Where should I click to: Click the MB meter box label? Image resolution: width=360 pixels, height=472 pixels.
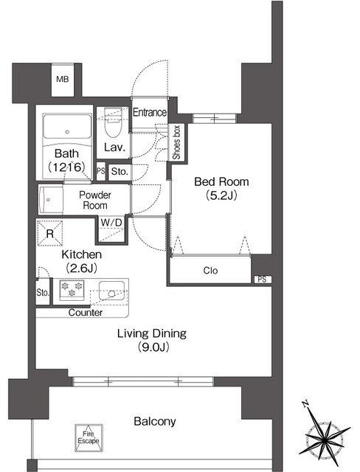63,79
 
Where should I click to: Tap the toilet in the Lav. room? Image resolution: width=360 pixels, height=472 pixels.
113,123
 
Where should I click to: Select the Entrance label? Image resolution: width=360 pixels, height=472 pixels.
150,112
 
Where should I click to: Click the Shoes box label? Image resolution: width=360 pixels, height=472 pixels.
177,142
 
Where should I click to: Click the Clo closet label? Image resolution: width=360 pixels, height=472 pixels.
210,271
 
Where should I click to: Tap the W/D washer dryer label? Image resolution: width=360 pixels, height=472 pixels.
111,223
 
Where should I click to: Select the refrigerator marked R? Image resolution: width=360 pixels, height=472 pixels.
50,233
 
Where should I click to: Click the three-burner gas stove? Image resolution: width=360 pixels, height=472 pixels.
72,290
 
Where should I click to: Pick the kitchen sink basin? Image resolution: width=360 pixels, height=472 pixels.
111,291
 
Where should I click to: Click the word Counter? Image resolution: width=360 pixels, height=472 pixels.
86,313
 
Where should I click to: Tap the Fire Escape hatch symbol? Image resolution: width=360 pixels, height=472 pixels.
89,438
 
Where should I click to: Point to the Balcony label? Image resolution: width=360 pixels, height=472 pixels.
155,421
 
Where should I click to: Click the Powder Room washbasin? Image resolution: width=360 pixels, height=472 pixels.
51,200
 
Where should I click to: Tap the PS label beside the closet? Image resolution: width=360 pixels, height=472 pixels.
262,280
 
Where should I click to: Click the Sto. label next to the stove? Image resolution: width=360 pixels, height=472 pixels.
43,292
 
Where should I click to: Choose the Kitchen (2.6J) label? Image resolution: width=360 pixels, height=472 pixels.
82,260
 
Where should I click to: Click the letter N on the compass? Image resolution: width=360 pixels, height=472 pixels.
306,403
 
